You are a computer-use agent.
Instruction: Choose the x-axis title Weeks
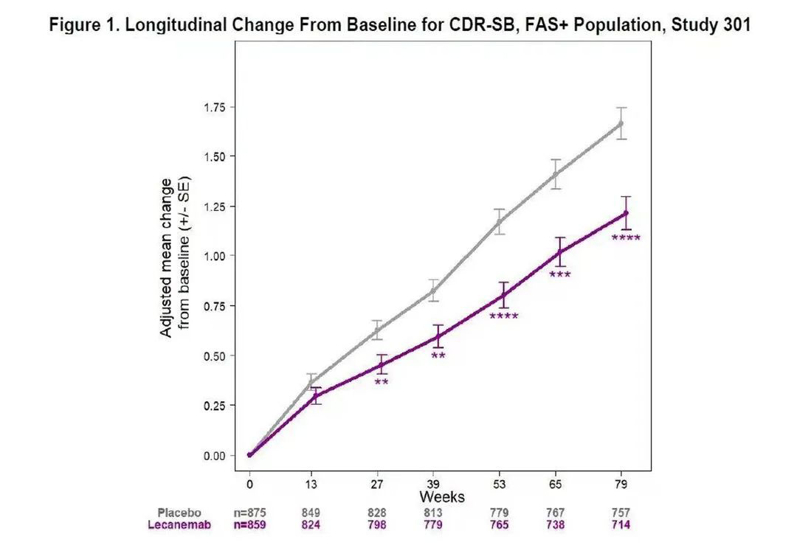442,497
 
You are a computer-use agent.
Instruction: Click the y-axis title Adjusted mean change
167,257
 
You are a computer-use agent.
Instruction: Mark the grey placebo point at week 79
621,123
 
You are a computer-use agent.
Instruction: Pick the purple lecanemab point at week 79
626,213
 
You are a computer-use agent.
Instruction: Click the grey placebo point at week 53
500,221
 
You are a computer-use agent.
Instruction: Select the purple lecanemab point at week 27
381,364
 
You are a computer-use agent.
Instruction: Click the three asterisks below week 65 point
560,276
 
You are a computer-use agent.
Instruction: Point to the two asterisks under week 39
438,357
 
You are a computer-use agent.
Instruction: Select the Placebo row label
179,513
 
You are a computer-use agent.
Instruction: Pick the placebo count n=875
249,513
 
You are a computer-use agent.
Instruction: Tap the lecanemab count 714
621,525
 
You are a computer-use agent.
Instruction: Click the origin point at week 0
250,455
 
